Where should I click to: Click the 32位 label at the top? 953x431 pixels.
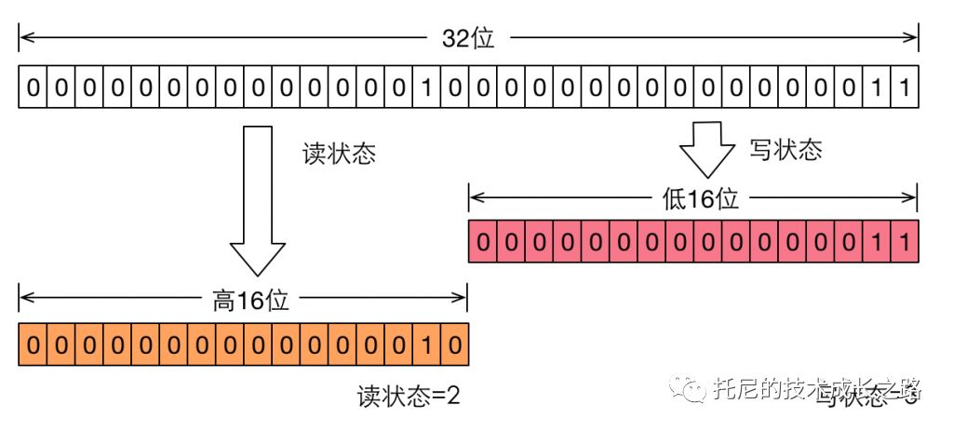(468, 39)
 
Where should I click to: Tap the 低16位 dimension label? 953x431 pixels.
(694, 198)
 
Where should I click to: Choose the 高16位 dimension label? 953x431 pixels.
(245, 301)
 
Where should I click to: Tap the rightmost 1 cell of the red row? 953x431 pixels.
(905, 240)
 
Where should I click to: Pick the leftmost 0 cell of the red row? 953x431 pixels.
(483, 240)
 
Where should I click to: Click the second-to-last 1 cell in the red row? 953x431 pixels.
(877, 240)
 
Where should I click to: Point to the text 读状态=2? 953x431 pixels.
(409, 397)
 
